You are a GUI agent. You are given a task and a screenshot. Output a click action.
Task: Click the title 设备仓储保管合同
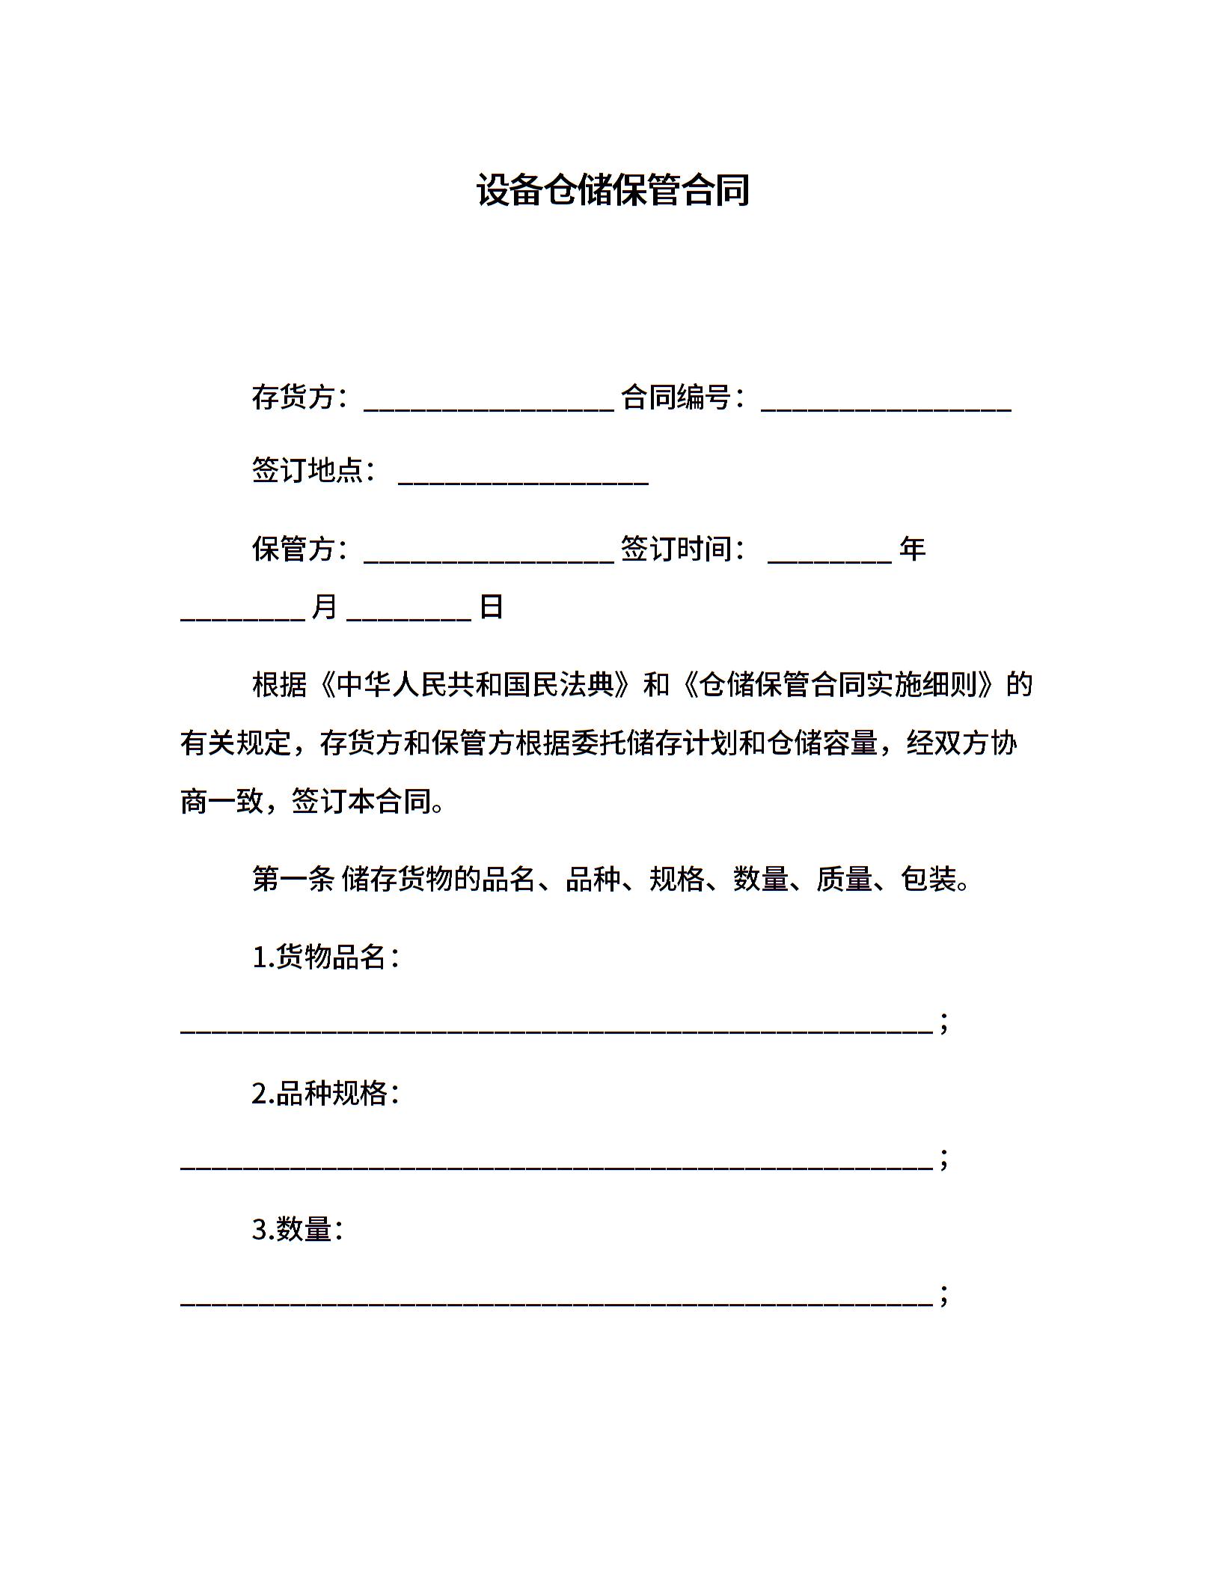pyautogui.click(x=613, y=190)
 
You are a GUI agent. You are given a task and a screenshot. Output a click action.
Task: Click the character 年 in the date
pyautogui.click(x=912, y=549)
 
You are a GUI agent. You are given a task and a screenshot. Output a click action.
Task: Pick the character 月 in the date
pyautogui.click(x=324, y=606)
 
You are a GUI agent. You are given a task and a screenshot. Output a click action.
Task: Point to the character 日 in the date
pyautogui.click(x=491, y=606)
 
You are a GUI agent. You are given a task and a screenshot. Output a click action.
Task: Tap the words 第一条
pyautogui.click(x=293, y=878)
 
